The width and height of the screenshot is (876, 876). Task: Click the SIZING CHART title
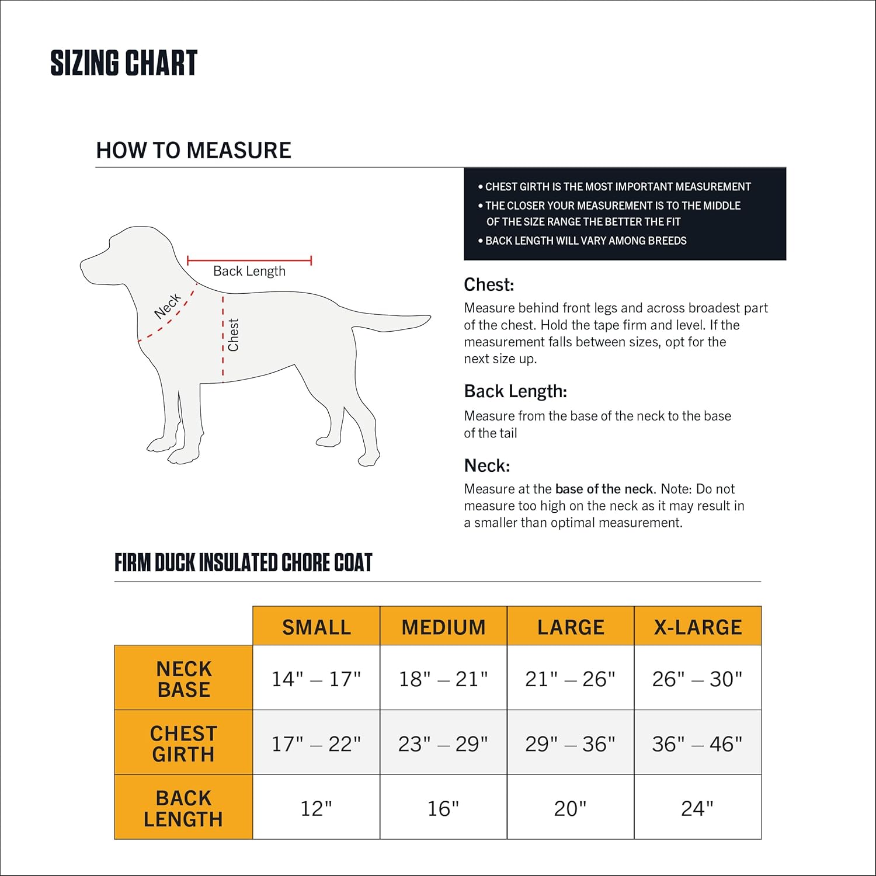click(124, 63)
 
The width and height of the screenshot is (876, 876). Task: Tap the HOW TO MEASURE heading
click(193, 150)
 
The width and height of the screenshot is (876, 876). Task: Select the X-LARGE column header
click(697, 627)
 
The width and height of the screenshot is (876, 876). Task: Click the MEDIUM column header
click(443, 627)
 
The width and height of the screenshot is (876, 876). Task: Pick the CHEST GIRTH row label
click(183, 743)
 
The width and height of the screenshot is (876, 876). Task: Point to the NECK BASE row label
click(183, 679)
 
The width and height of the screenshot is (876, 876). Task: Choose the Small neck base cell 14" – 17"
click(316, 679)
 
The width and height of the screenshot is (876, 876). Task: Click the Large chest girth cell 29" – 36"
click(570, 743)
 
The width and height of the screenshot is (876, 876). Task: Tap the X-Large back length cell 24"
click(697, 808)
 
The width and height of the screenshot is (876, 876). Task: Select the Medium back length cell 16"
click(443, 808)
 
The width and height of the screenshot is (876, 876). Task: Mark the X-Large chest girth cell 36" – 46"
click(697, 743)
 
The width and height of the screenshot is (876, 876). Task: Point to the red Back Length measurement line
click(249, 260)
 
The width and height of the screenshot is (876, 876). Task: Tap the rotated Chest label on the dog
click(234, 335)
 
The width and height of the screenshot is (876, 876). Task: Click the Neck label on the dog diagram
click(168, 307)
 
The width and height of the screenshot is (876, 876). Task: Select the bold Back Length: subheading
click(515, 391)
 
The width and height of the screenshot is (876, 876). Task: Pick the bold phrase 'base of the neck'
click(604, 489)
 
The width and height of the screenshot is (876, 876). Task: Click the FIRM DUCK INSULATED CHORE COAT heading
click(243, 562)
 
